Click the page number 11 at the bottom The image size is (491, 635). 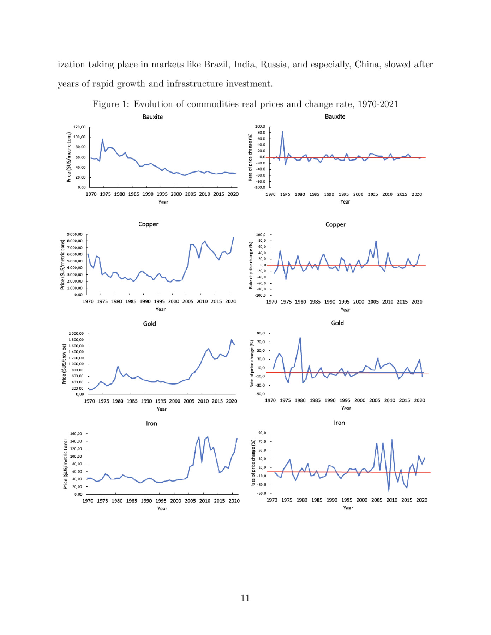[x=245, y=598]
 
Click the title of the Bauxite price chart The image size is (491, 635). [x=152, y=117]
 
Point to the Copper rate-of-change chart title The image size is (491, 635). [x=335, y=224]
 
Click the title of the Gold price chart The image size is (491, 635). [x=150, y=324]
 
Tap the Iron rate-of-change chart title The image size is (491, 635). [x=339, y=423]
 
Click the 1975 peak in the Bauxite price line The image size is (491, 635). [x=102, y=139]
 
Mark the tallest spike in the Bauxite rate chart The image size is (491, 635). [x=282, y=132]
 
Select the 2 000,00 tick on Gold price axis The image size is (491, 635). [x=76, y=334]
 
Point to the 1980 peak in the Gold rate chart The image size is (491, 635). [x=300, y=338]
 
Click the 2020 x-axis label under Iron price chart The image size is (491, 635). [x=234, y=501]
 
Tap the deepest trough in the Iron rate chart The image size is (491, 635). [x=389, y=491]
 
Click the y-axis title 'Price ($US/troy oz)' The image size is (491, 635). [x=64, y=364]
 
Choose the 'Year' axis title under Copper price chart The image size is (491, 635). [x=160, y=309]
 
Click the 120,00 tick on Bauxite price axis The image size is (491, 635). [x=79, y=127]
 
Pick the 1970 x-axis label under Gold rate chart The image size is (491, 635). [x=270, y=400]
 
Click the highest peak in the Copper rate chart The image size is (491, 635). [x=376, y=241]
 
